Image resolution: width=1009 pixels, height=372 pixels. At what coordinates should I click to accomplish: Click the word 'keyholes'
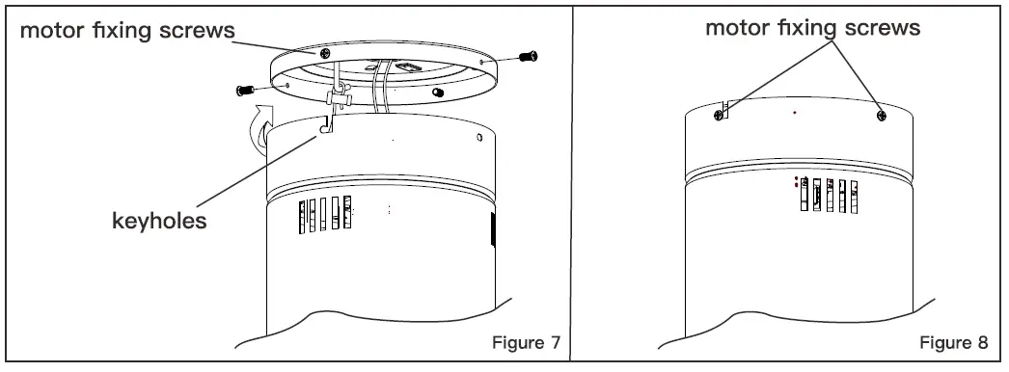[x=160, y=222]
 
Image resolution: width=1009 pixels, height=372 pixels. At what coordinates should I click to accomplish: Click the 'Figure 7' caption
[x=525, y=344]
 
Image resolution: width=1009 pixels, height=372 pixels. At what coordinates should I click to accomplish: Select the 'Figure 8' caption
[x=953, y=344]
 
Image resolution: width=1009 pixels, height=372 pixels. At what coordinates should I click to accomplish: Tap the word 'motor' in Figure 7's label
[x=56, y=30]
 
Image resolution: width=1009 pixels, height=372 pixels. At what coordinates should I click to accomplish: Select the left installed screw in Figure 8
[x=719, y=115]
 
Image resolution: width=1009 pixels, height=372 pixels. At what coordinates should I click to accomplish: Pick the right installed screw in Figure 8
[x=882, y=116]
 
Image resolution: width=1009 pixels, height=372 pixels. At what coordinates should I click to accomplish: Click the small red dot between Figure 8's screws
[x=794, y=113]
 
